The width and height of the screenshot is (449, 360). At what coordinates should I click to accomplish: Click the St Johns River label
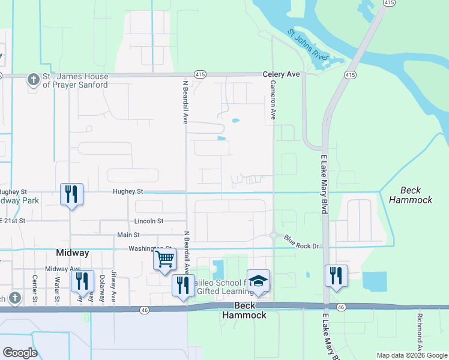click(x=310, y=44)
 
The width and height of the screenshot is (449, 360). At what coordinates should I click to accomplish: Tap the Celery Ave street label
click(x=281, y=74)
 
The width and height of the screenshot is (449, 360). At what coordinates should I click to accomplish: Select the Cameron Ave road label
click(x=273, y=100)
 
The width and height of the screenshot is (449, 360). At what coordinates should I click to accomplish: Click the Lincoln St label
click(x=149, y=221)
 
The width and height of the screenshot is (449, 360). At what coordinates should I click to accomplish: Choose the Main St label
click(x=128, y=235)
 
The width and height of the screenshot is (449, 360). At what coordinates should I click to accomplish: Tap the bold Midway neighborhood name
click(x=73, y=253)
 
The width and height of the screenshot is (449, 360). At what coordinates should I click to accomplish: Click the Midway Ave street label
click(x=62, y=269)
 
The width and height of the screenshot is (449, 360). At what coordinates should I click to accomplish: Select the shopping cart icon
click(x=164, y=260)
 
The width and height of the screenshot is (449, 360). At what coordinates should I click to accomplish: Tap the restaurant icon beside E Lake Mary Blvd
click(x=336, y=275)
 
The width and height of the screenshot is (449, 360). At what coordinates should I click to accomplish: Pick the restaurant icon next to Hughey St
click(x=71, y=194)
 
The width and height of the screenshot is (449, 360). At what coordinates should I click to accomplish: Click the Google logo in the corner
click(x=20, y=353)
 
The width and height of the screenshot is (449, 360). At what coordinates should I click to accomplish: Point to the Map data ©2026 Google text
click(x=412, y=355)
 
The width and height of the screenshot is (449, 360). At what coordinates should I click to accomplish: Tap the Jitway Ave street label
click(x=113, y=288)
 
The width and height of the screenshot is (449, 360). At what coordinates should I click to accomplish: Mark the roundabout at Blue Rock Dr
click(x=274, y=235)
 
